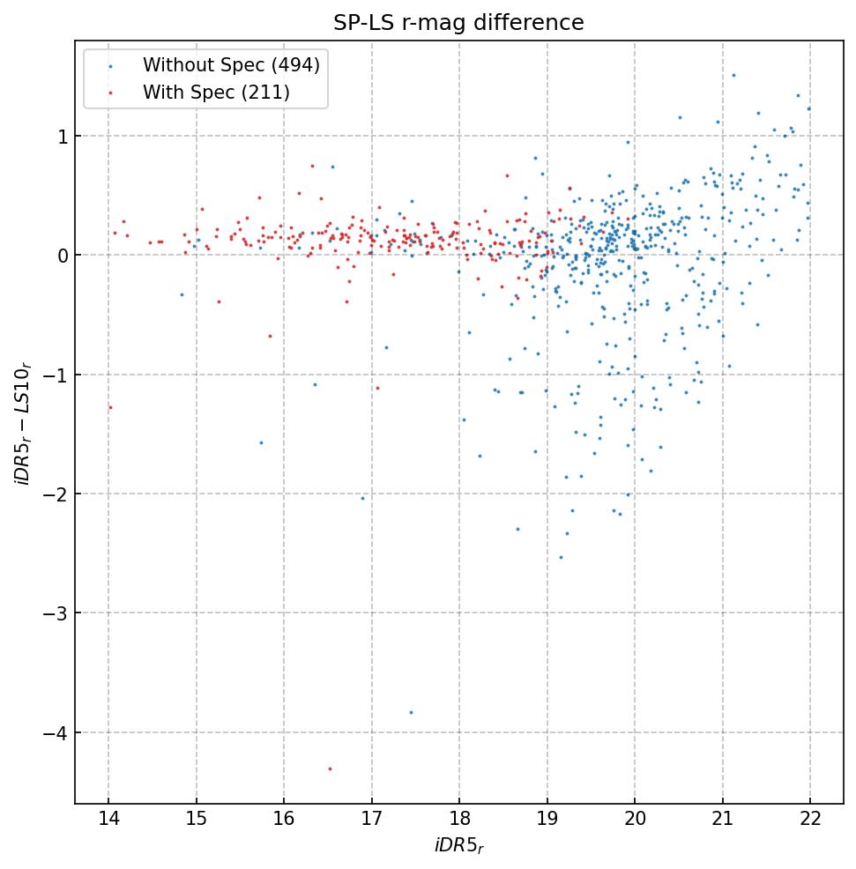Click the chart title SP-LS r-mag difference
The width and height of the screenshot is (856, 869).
tap(458, 23)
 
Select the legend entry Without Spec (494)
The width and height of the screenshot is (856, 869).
tap(231, 64)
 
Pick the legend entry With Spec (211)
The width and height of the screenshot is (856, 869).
tap(216, 92)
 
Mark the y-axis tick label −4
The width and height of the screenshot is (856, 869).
tap(55, 733)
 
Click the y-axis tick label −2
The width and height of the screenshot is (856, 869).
tap(55, 494)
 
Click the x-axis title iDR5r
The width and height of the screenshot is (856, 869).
tap(458, 847)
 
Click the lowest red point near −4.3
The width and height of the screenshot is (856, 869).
tap(330, 769)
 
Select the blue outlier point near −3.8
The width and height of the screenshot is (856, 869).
tap(411, 712)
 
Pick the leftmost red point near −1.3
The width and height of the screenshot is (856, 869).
tap(110, 407)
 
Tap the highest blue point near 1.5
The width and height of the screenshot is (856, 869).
tap(733, 75)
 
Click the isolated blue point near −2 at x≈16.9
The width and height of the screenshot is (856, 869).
tap(361, 498)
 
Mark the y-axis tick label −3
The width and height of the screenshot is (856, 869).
tap(55, 613)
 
